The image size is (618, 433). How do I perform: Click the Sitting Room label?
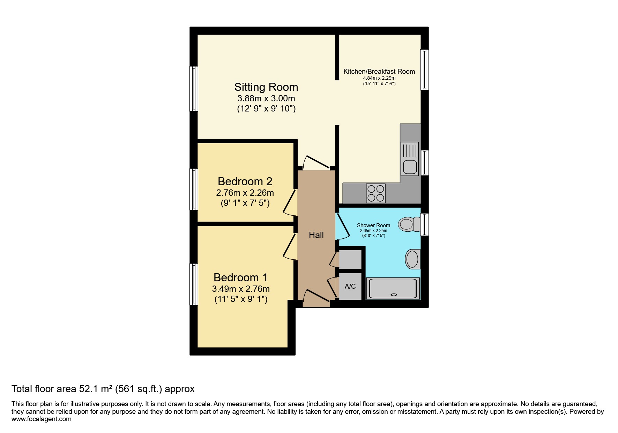click(266, 87)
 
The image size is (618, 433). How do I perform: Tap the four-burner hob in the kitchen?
click(376, 193)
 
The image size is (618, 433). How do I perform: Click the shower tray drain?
click(395, 294)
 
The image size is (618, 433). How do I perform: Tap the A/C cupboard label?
click(350, 287)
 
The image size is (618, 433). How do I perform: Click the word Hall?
click(316, 235)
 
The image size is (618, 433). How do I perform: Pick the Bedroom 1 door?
click(289, 247)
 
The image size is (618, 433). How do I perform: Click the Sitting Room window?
click(194, 89)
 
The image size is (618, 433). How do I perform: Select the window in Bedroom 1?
click(194, 284)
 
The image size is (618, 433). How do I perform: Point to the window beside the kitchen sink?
click(425, 163)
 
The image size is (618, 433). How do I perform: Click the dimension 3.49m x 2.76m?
click(241, 289)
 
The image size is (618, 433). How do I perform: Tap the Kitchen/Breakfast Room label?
click(379, 71)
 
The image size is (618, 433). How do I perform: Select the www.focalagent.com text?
click(42, 419)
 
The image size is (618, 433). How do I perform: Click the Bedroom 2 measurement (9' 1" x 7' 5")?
click(245, 203)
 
